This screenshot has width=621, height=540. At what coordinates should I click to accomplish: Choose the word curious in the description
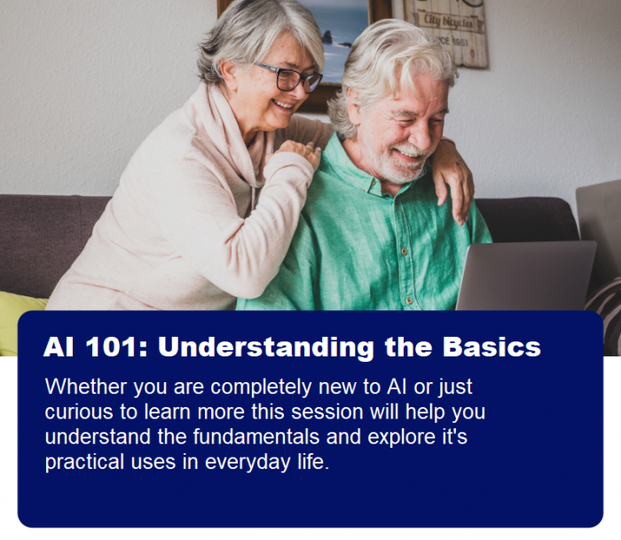coord(76,412)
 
